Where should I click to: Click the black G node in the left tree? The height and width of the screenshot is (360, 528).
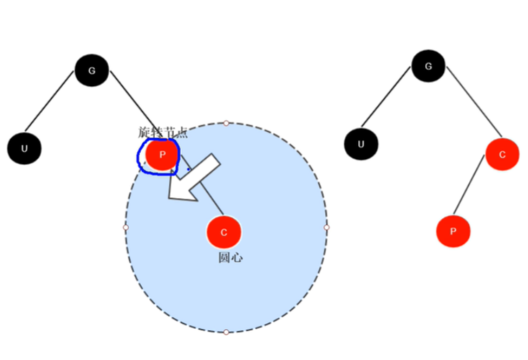point(92,70)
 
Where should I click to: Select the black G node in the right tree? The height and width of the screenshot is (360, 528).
point(428,65)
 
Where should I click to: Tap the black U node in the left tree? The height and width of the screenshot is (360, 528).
point(24,148)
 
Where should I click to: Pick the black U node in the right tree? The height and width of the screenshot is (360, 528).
point(361,144)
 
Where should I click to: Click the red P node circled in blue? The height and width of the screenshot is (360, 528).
point(162,155)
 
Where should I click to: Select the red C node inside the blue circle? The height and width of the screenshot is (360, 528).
point(224,232)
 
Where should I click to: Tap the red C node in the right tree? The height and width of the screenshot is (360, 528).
point(502,154)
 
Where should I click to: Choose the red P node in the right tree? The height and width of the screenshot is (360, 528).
point(453,231)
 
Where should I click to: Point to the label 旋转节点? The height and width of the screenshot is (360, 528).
point(162,132)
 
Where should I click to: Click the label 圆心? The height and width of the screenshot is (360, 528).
point(231,257)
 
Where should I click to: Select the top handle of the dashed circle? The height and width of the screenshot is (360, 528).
point(226,123)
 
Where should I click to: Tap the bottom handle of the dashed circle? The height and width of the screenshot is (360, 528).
point(226,333)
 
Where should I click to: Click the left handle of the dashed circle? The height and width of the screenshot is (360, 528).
point(126,227)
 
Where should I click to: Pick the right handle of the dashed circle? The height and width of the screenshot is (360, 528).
point(327,227)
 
